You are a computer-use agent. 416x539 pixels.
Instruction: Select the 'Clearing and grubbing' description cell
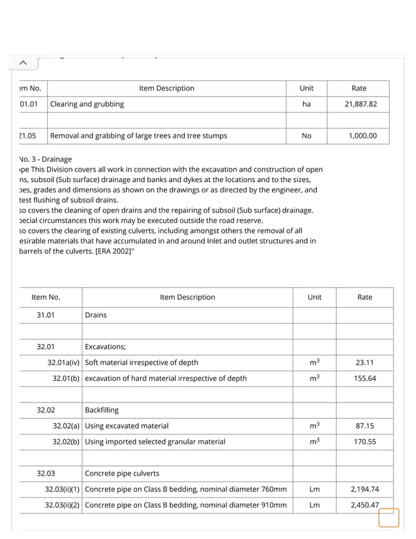coord(87,104)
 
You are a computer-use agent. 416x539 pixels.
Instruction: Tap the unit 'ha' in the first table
coord(306,104)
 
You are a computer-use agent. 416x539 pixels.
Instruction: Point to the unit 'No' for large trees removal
coord(306,136)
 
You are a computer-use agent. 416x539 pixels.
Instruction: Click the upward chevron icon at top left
coord(23,63)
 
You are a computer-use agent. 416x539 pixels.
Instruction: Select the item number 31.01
coord(46,315)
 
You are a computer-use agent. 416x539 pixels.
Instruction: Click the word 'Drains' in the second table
coord(96,315)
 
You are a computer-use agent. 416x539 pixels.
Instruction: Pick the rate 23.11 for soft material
coord(364,363)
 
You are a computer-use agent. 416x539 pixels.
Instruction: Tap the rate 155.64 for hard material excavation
coord(364,378)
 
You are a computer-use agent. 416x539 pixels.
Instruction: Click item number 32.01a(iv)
coord(63,363)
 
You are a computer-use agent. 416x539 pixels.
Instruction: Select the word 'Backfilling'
coord(102,410)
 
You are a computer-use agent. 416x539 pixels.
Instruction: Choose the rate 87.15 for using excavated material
coord(364,426)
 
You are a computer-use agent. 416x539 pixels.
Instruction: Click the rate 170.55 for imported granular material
coord(364,442)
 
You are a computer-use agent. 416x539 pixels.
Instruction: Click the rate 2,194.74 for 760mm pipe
coord(364,489)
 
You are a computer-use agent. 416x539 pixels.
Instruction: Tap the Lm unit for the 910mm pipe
coord(314,505)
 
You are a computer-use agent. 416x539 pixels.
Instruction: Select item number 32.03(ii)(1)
coord(62,489)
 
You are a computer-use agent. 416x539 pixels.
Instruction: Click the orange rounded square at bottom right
coord(389,517)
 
